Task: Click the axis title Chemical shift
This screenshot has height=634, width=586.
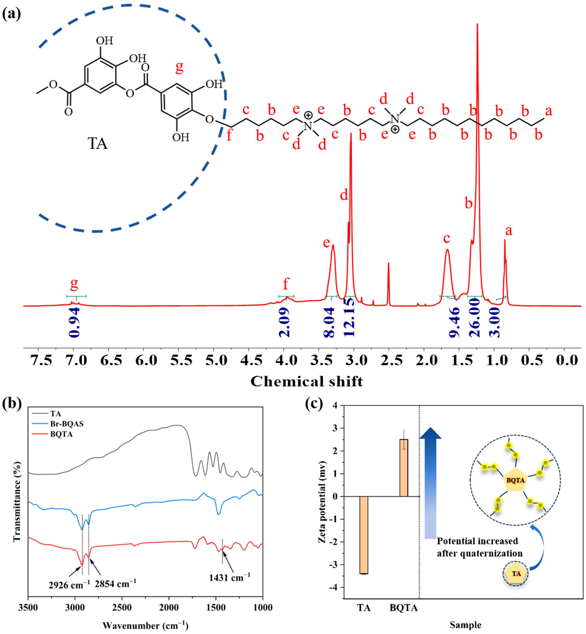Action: (307, 381)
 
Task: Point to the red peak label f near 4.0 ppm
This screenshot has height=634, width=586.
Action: (286, 284)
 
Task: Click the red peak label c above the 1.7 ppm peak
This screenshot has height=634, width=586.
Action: (446, 238)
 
